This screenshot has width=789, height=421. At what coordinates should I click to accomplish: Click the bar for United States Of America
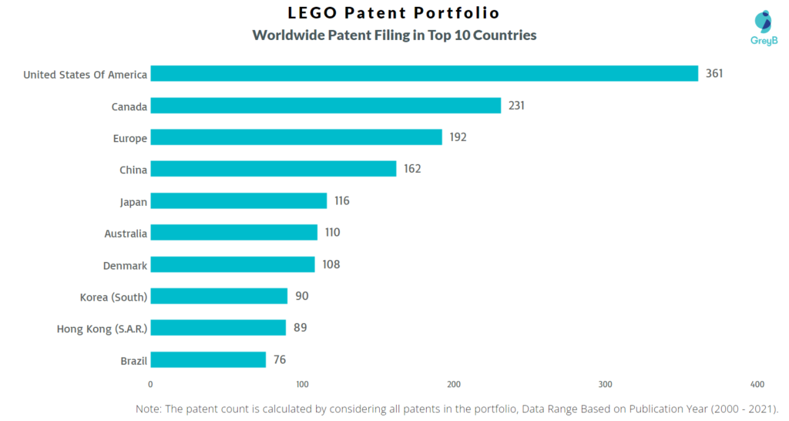click(x=424, y=73)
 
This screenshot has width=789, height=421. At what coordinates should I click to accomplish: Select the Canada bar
click(x=325, y=106)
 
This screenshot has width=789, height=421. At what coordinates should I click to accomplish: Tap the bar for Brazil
click(x=208, y=359)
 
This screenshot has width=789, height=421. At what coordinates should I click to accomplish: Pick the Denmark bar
click(x=232, y=264)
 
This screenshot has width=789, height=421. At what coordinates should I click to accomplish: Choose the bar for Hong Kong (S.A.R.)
click(x=217, y=328)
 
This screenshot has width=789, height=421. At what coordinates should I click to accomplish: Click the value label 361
click(x=714, y=74)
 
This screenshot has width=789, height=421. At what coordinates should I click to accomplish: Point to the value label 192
click(x=458, y=137)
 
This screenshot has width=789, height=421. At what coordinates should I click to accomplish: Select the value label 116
click(x=341, y=201)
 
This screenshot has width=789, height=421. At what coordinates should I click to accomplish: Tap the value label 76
click(x=279, y=360)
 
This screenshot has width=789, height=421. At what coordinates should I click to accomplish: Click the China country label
click(x=133, y=170)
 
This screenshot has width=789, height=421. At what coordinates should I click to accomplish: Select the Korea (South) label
click(x=113, y=297)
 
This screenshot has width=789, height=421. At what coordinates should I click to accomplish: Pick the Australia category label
click(x=126, y=233)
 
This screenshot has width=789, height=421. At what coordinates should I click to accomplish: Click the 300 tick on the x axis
click(x=606, y=384)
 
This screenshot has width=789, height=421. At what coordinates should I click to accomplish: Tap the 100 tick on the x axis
click(x=302, y=384)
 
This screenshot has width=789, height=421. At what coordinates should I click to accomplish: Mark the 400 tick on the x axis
click(x=757, y=384)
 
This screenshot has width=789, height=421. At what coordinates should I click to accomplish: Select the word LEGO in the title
click(x=313, y=13)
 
